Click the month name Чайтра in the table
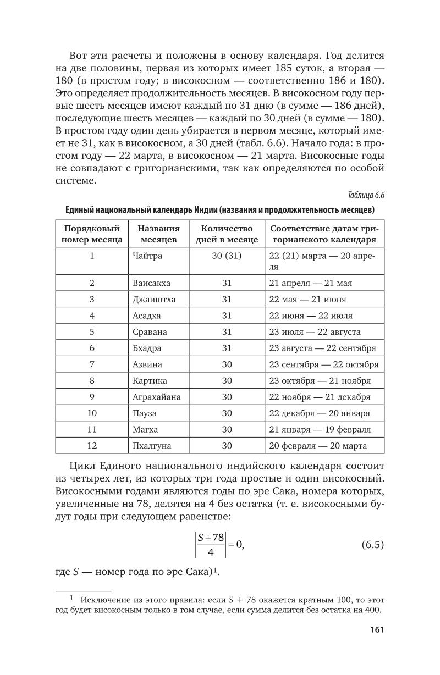(x=147, y=256)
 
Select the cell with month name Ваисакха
(x=152, y=283)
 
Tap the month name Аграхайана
(x=156, y=397)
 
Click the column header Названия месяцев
(x=158, y=234)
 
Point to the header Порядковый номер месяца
(x=92, y=234)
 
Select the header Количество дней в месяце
(x=227, y=234)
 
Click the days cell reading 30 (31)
(x=227, y=256)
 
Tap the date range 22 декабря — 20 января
(x=320, y=413)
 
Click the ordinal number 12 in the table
(x=92, y=446)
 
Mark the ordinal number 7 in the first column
(x=92, y=364)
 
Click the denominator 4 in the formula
(x=210, y=553)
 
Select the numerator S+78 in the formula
(x=210, y=538)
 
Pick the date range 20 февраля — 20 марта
(x=318, y=446)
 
